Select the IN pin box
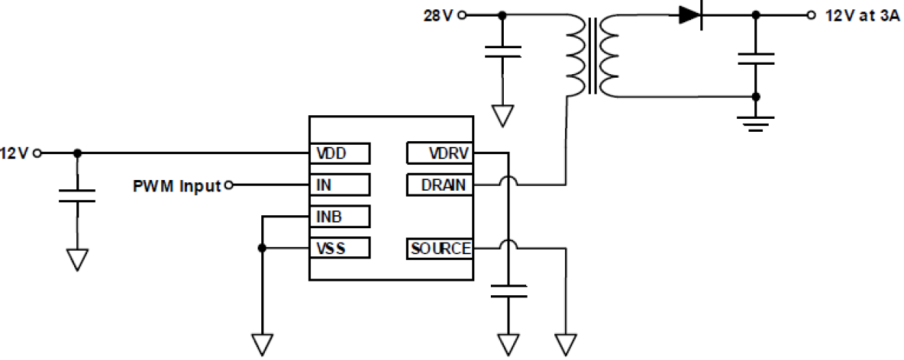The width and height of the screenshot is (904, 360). (x=339, y=185)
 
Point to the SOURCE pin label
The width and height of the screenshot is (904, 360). (x=440, y=249)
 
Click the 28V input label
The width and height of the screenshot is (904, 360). (x=438, y=15)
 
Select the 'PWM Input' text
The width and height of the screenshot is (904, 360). (x=176, y=186)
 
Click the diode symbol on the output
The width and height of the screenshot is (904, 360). (x=690, y=15)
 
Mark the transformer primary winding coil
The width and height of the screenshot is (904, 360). (x=575, y=56)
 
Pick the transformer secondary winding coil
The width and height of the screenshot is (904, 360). (x=609, y=56)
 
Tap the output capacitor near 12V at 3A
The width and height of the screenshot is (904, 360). (x=755, y=58)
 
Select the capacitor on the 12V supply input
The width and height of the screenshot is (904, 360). (x=77, y=196)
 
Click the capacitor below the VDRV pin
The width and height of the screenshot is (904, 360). (x=508, y=291)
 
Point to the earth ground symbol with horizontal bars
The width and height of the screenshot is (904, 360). (x=755, y=124)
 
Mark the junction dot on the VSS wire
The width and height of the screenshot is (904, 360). (x=263, y=248)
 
